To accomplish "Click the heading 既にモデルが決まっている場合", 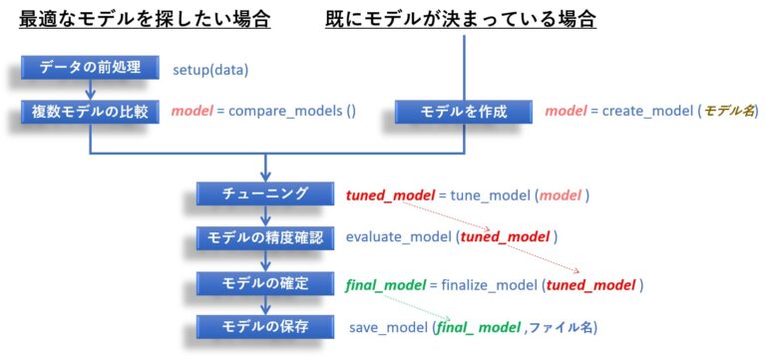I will [461, 19].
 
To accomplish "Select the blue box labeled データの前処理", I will [90, 69].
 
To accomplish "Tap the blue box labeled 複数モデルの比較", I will [90, 112].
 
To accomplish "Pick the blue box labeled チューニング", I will [265, 194].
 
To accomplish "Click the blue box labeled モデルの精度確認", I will [265, 238].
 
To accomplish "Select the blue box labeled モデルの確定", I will [265, 283].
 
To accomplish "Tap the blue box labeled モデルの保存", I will [265, 327].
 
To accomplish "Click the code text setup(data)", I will [210, 70].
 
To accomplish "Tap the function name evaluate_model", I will [399, 238].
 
